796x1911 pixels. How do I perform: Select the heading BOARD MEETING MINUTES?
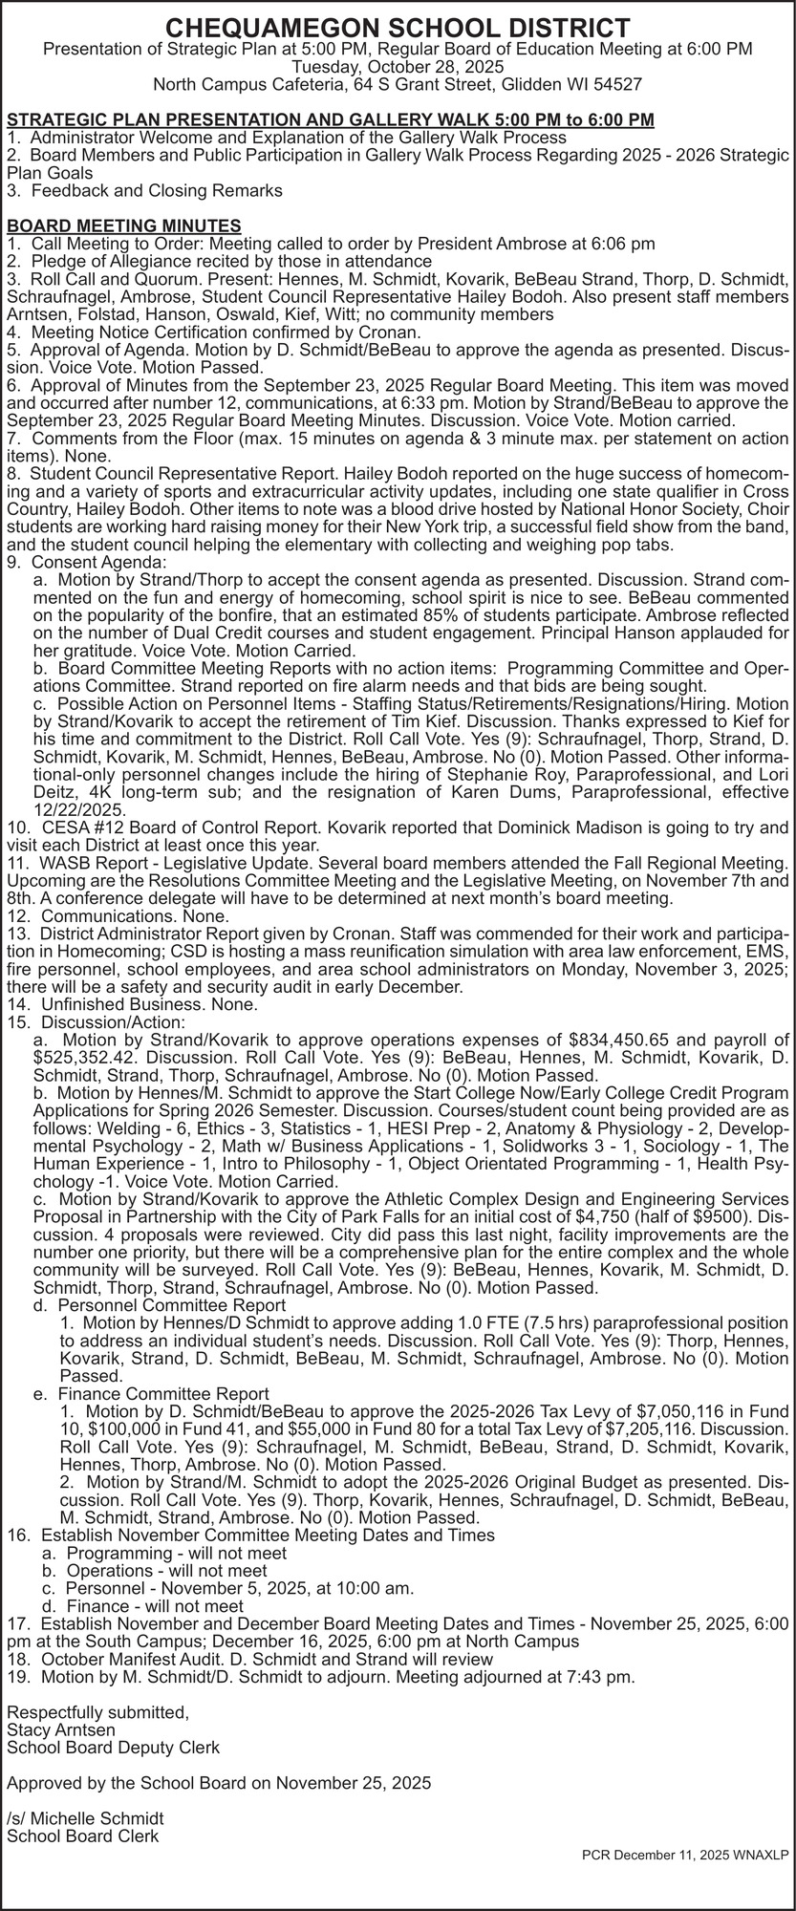[x=123, y=225]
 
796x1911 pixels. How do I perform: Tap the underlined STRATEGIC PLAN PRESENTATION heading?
[x=331, y=119]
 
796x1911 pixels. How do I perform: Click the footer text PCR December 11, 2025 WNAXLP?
[x=685, y=1855]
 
